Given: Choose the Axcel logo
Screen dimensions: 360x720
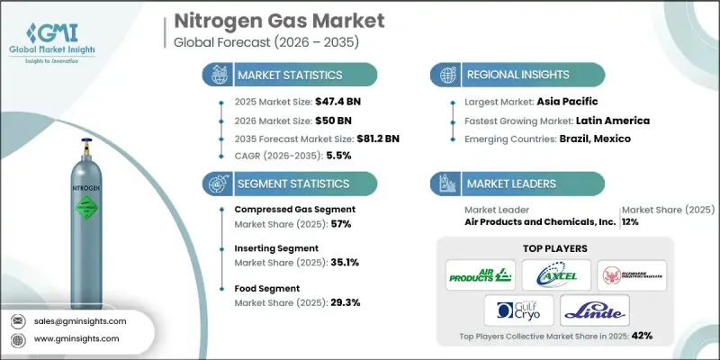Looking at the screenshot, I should coord(554,271).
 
